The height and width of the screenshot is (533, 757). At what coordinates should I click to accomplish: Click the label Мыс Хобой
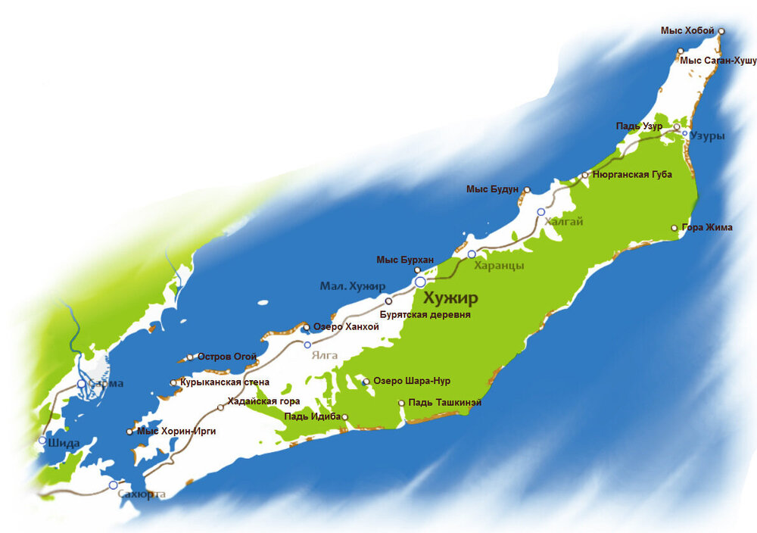pyautogui.click(x=687, y=30)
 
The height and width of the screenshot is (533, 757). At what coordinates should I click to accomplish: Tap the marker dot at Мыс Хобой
pyautogui.click(x=721, y=31)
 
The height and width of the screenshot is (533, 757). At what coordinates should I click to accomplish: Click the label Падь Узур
pyautogui.click(x=639, y=126)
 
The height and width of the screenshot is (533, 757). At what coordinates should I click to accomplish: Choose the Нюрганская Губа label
pyautogui.click(x=632, y=174)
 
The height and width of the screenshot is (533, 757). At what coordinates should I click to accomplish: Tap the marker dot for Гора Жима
pyautogui.click(x=674, y=227)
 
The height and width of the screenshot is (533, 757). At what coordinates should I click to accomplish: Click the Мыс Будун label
pyautogui.click(x=492, y=189)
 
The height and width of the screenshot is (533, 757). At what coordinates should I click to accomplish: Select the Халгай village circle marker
pyautogui.click(x=540, y=212)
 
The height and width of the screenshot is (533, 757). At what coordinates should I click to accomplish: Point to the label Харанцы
pyautogui.click(x=499, y=266)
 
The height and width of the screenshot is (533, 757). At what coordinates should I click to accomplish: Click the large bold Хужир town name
pyautogui.click(x=451, y=297)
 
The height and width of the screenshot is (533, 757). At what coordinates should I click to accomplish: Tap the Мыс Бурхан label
pyautogui.click(x=405, y=260)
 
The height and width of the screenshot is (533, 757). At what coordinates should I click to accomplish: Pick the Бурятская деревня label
pyautogui.click(x=425, y=313)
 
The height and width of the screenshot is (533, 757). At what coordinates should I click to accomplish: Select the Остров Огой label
pyautogui.click(x=227, y=357)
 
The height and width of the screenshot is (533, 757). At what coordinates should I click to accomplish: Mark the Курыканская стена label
pyautogui.click(x=225, y=382)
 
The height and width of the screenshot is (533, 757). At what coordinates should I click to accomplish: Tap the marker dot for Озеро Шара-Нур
pyautogui.click(x=366, y=382)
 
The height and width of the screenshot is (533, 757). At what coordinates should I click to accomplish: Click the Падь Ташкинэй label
pyautogui.click(x=444, y=403)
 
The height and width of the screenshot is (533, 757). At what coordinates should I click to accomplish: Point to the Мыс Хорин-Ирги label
pyautogui.click(x=176, y=432)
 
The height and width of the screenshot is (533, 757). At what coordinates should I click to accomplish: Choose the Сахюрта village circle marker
pyautogui.click(x=114, y=485)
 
